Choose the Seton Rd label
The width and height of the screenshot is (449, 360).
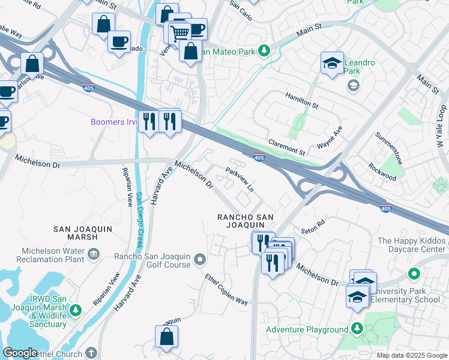click(312, 225)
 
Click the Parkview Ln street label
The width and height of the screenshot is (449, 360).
click(240, 179)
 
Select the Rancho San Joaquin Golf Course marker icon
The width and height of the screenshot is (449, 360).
click(200, 260)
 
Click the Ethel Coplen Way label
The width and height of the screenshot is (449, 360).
click(226, 290)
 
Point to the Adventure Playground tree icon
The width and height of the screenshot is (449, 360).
click(357, 329)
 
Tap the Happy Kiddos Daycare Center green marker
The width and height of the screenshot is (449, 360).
click(414, 274)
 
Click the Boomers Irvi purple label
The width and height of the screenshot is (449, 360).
click(114, 122)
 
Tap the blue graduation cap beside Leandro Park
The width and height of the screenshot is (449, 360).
click(331, 63)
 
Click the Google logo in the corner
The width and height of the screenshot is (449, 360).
click(20, 353)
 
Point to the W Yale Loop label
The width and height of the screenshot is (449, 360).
click(440, 127)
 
